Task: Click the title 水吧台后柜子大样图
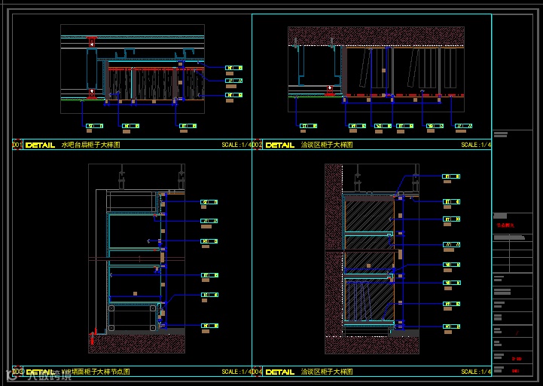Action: [90, 145]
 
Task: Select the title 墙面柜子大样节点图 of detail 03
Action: [94, 372]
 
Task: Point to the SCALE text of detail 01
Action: [236, 145]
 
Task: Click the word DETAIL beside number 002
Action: [280, 145]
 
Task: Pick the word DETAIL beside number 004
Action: [280, 372]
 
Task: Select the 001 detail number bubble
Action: [17, 145]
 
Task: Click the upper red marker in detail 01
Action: [92, 42]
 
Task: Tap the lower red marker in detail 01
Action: [92, 93]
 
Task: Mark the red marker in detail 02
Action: [329, 90]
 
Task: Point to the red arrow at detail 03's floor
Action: [93, 337]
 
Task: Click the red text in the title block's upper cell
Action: [505, 225]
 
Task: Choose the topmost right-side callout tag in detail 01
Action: [233, 68]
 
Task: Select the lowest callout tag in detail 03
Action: [209, 326]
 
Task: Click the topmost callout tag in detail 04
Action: [451, 176]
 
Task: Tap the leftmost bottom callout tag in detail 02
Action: [308, 126]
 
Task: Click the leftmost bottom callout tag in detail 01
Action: [94, 126]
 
